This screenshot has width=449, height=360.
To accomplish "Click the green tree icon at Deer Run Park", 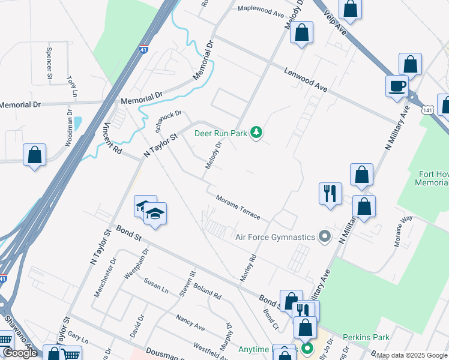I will click(257, 132).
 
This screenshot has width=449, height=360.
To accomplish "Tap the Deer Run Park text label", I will click(221, 133).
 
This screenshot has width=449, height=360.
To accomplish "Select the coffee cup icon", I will click(397, 86).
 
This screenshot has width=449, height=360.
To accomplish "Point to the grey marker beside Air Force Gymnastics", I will click(325, 236).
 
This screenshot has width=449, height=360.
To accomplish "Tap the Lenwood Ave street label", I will click(306, 79).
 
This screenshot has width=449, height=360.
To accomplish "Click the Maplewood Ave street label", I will click(261, 10).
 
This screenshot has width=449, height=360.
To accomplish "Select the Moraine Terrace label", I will click(238, 206).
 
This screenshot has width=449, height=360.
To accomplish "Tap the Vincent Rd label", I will click(112, 137).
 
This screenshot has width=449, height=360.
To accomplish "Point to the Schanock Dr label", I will click(167, 122).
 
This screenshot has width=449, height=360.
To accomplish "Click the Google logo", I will click(20, 352).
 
